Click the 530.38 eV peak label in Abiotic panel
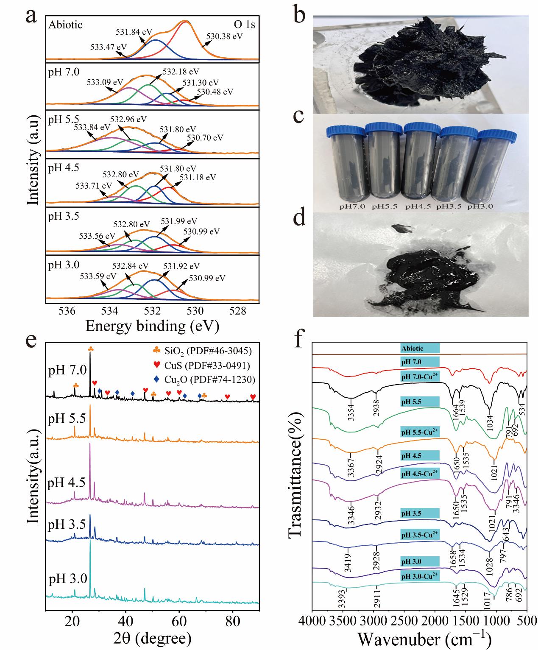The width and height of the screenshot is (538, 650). tap(224, 36)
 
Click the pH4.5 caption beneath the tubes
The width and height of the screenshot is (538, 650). tap(418, 207)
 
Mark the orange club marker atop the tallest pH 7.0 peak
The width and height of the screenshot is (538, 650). tap(90, 349)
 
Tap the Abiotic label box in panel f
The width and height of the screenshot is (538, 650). tap(420, 349)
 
